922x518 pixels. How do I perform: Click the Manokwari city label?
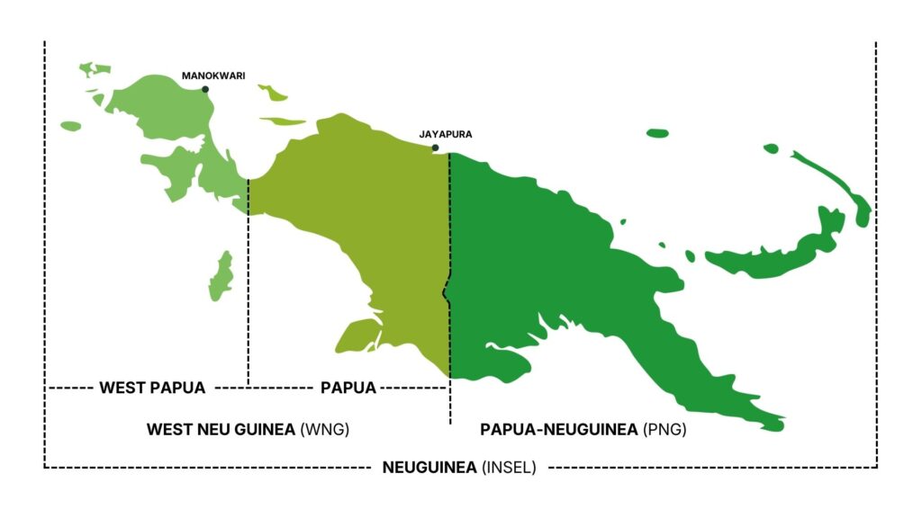tap(213, 76)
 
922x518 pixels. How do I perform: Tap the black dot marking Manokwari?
tap(205, 89)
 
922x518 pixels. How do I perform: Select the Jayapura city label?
tap(445, 134)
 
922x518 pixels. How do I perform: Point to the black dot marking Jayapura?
tap(435, 147)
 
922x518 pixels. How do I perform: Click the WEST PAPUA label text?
tap(152, 388)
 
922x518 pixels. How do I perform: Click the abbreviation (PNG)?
tap(665, 430)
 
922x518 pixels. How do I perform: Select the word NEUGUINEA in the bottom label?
tap(429, 467)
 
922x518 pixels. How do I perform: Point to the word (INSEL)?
tap(509, 467)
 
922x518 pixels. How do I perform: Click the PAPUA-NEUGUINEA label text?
tap(560, 430)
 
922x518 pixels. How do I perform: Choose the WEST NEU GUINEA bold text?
tap(221, 430)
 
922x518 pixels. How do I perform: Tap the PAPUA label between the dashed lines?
tap(348, 388)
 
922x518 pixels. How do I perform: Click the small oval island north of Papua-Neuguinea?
tap(657, 134)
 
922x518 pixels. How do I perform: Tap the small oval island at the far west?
tap(70, 126)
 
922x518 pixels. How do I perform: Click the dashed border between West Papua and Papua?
tap(248, 288)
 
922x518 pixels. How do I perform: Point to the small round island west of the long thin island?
tap(770, 148)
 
